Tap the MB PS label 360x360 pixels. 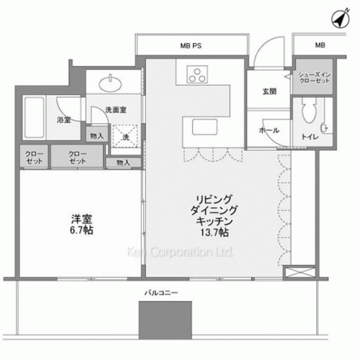tap(191, 45)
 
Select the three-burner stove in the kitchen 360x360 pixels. tap(197, 74)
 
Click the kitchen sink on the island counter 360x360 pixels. tap(204, 127)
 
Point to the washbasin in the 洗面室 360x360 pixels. tap(110, 84)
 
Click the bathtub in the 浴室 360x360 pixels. tap(35, 117)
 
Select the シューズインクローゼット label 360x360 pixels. tap(315, 78)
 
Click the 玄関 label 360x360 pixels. tap(269, 91)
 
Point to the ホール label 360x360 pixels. tap(269, 130)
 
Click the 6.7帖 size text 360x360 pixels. tap(81, 230)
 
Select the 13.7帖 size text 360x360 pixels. tap(215, 233)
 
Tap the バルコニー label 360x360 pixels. tap(161, 293)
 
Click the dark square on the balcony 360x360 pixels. tap(166, 320)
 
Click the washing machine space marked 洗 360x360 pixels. tap(125, 136)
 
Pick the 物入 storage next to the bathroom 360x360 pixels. tap(97, 136)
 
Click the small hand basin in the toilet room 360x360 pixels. tap(324, 128)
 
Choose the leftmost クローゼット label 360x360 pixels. tap(35, 157)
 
